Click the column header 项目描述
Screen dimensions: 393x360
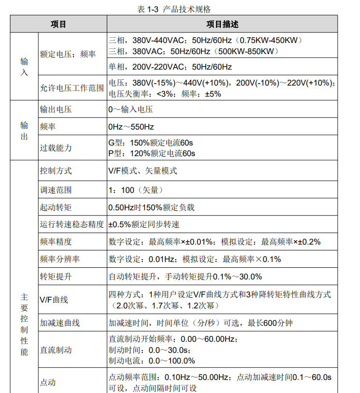click(222, 24)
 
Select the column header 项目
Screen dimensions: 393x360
click(58, 24)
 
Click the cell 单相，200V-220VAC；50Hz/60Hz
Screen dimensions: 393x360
click(170, 67)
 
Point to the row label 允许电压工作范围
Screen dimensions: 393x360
click(72, 88)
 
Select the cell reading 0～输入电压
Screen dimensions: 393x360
click(130, 110)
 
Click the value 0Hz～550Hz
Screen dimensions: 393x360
click(131, 127)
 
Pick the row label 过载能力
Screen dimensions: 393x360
click(56, 148)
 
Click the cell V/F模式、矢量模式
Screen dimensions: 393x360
click(143, 171)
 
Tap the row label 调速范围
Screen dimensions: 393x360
click(56, 190)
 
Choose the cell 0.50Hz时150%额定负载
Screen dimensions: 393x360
click(151, 207)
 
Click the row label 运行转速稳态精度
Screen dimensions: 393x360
click(72, 224)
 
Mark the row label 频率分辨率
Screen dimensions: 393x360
click(60, 259)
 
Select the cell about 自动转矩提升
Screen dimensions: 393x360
click(185, 277)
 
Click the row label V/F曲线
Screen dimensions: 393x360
click(54, 300)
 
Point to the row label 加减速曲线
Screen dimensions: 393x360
click(60, 323)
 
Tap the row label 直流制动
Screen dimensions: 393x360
click(56, 349)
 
